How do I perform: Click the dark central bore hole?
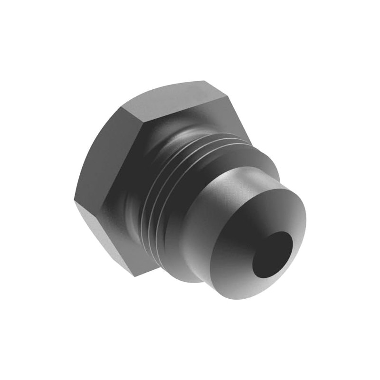[x=272, y=255]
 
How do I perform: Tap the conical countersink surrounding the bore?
[x=247, y=237]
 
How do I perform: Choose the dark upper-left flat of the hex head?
[x=102, y=152]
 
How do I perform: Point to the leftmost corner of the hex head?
[x=75, y=199]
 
